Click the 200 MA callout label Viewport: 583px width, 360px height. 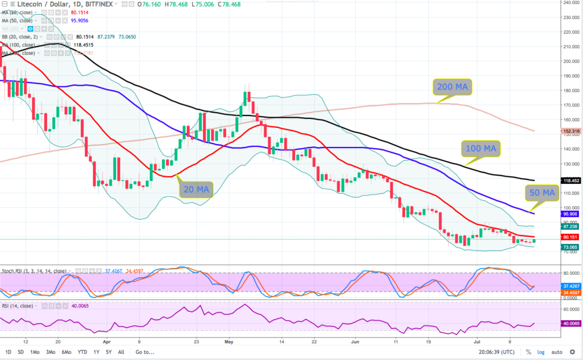click(x=452, y=87)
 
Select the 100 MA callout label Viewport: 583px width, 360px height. click(x=481, y=148)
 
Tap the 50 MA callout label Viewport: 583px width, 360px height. click(x=542, y=193)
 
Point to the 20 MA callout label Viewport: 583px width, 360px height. click(x=195, y=189)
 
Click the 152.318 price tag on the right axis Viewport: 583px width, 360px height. click(x=570, y=131)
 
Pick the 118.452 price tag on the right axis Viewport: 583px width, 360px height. click(x=570, y=180)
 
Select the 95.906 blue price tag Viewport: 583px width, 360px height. click(x=570, y=214)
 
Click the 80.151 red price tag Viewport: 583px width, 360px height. click(x=570, y=237)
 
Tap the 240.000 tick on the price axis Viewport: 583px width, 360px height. click(x=571, y=2)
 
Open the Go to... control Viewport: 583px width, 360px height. click(x=145, y=352)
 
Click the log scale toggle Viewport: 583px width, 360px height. click(x=540, y=352)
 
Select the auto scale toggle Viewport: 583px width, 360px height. click(x=557, y=352)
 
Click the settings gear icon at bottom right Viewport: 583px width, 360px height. click(x=572, y=352)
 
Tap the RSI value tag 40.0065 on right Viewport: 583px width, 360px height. click(x=570, y=324)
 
